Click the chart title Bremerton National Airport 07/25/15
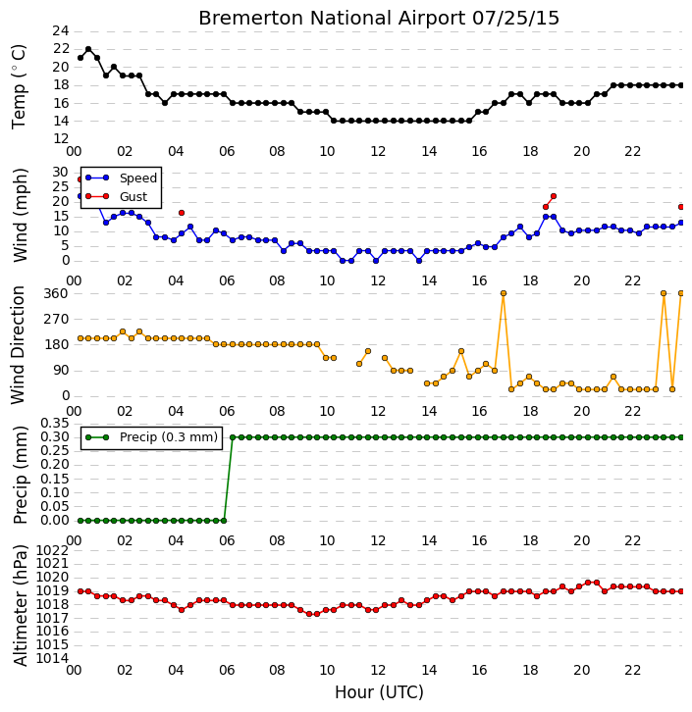coord(379,19)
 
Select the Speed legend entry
coord(121,178)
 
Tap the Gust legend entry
coord(117,196)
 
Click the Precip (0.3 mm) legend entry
coord(152,437)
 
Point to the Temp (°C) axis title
coord(19,86)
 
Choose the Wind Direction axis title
coord(19,344)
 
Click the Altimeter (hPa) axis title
coord(20,605)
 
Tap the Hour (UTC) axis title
coord(379,692)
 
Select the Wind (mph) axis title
coord(20,215)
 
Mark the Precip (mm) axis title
coord(20,475)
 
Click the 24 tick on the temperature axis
coord(61,31)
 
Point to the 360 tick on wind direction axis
coord(56,294)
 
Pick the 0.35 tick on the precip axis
coord(55,424)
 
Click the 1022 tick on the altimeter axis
coord(52,551)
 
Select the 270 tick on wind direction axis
coord(56,319)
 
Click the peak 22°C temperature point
coord(88,49)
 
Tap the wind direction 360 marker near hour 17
coord(504,293)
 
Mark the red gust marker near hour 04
coord(182,213)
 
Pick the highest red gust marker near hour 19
coord(554,196)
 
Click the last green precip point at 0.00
coord(224,521)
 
